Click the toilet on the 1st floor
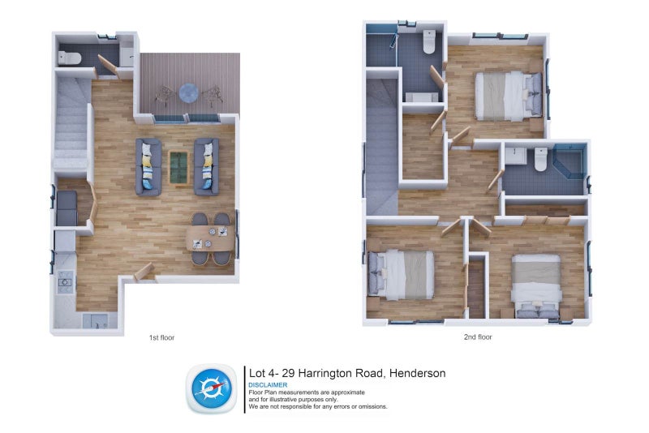click(x=70, y=58)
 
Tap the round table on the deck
click(x=189, y=92)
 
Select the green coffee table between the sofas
click(x=178, y=168)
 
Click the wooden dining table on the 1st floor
click(x=211, y=238)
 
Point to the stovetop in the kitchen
click(x=65, y=282)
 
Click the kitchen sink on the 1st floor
click(x=95, y=321)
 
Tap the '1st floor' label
click(x=161, y=338)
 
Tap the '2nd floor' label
click(x=478, y=337)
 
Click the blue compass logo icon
click(x=212, y=388)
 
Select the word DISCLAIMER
click(x=268, y=385)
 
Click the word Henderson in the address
click(x=418, y=373)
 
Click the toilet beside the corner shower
click(x=540, y=159)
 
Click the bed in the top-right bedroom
click(x=509, y=96)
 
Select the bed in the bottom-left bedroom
click(x=401, y=275)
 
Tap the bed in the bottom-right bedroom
click(x=536, y=286)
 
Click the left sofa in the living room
click(x=148, y=167)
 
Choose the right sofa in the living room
click(x=207, y=167)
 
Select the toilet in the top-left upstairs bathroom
click(x=429, y=42)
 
